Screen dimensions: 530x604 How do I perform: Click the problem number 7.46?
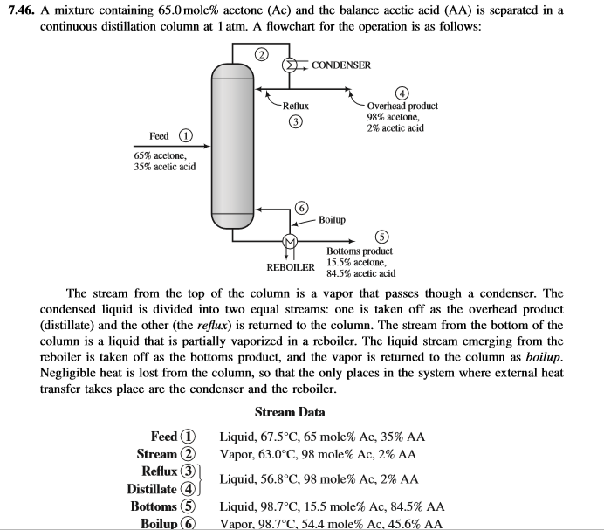pyautogui.click(x=20, y=10)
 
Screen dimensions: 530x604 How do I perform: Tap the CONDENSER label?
pyautogui.click(x=340, y=65)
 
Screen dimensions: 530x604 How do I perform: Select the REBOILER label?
pyautogui.click(x=289, y=265)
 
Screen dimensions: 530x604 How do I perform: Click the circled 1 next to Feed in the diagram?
pyautogui.click(x=185, y=137)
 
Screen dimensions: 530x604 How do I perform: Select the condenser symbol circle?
pyautogui.click(x=291, y=65)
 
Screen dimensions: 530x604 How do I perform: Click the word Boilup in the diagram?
pyautogui.click(x=332, y=218)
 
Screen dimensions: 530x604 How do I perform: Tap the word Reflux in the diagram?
pyautogui.click(x=295, y=106)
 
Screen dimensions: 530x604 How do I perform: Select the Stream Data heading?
pyautogui.click(x=290, y=412)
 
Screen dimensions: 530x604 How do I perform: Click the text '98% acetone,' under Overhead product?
pyautogui.click(x=393, y=117)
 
